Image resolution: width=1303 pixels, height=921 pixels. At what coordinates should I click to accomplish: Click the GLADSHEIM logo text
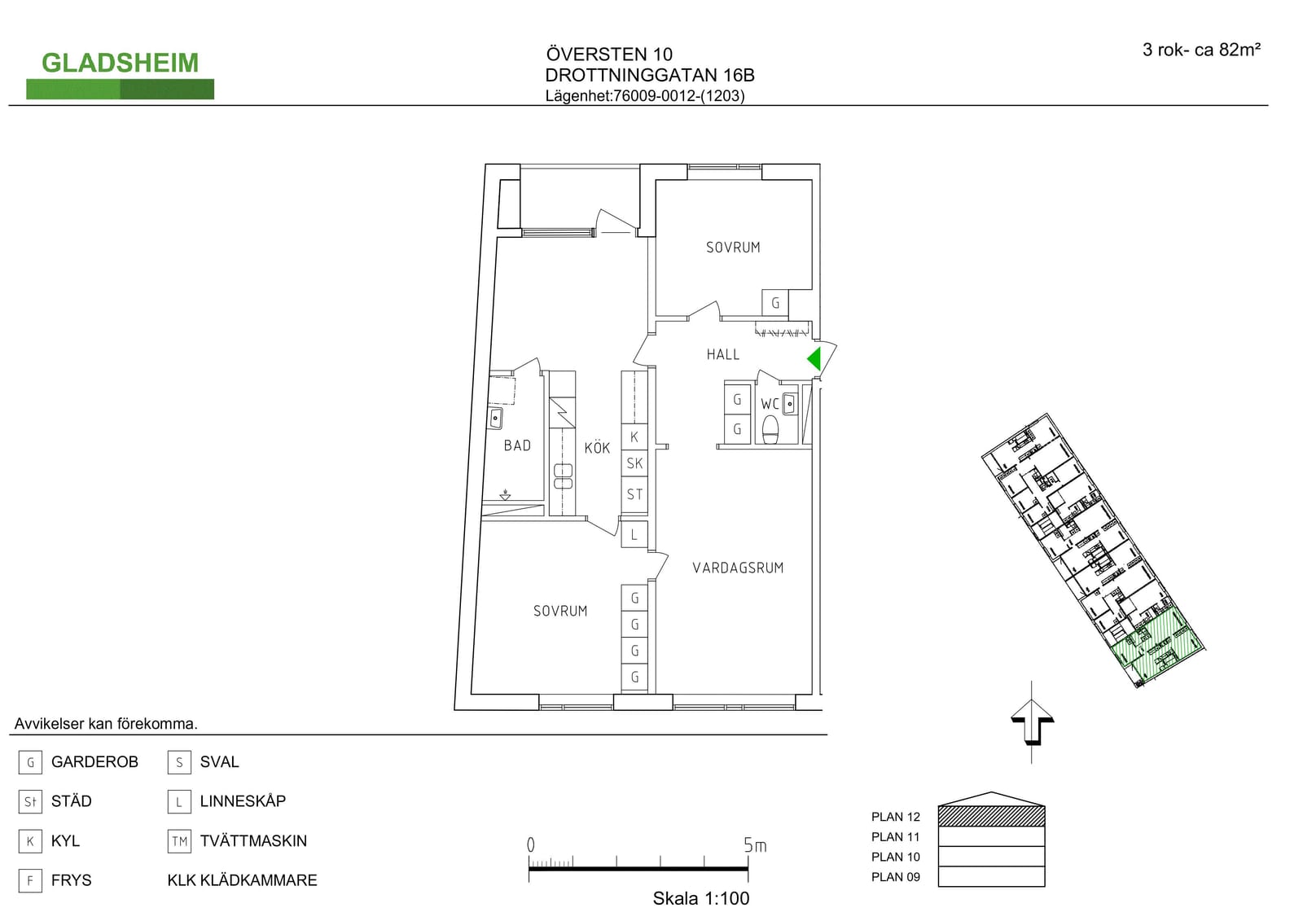(120, 63)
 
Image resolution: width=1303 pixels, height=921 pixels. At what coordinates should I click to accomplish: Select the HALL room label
(723, 354)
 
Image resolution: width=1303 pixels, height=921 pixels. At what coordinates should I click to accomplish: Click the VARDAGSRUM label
(738, 568)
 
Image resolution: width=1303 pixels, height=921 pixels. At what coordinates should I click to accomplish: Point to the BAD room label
(517, 445)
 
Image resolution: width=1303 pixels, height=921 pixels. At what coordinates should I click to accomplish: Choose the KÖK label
(597, 447)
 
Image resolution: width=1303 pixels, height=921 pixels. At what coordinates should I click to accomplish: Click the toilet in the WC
(770, 429)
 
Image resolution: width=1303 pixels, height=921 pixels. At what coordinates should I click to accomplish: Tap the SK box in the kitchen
(634, 463)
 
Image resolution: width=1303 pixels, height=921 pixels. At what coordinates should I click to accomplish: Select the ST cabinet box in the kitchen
(634, 494)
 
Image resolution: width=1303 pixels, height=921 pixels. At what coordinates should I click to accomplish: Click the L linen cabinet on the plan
(634, 534)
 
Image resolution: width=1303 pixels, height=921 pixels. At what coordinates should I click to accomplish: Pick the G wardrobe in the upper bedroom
(774, 303)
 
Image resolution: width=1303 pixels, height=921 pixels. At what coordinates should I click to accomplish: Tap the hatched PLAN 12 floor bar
(991, 816)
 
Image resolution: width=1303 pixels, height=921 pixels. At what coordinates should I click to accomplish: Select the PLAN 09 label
(895, 877)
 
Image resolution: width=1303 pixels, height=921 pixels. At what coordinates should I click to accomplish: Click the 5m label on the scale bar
(755, 844)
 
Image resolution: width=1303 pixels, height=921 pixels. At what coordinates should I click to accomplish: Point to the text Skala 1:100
(701, 898)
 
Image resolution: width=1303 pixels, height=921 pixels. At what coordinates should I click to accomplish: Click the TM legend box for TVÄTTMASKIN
(179, 841)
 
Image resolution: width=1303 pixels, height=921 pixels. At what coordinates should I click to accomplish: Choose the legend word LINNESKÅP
(243, 801)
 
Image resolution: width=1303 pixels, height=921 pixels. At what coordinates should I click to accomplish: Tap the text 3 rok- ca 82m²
(1201, 50)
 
